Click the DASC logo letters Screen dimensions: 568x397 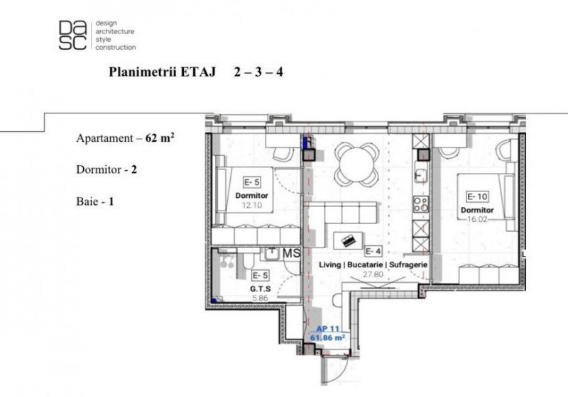[73, 35]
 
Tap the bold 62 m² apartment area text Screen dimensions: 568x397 [160, 138]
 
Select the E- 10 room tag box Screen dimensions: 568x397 [477, 196]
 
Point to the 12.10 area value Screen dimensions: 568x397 [252, 206]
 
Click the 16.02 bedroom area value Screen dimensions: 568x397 [477, 219]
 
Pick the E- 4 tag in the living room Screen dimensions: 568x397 [373, 251]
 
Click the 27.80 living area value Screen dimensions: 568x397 [373, 274]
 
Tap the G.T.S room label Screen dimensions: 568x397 [261, 289]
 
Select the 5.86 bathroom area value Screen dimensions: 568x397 [260, 298]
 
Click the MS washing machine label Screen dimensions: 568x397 [292, 254]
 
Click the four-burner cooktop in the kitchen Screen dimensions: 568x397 [421, 204]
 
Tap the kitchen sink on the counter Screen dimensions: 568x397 [420, 175]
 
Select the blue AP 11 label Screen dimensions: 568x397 [327, 329]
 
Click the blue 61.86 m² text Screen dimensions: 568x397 [327, 337]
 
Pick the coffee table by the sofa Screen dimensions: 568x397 [349, 240]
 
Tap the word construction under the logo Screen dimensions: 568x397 [116, 47]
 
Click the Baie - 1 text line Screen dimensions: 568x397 [95, 201]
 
